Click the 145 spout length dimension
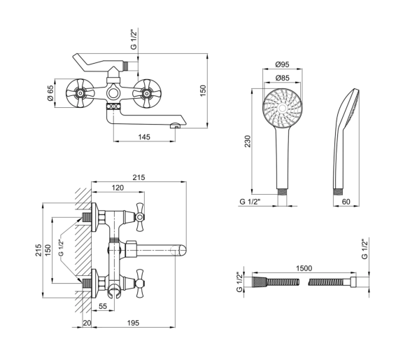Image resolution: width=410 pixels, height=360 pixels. pyautogui.click(x=144, y=137)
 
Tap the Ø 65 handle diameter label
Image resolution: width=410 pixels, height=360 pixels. pyautogui.click(x=50, y=93)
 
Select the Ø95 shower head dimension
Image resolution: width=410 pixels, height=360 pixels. pyautogui.click(x=283, y=64)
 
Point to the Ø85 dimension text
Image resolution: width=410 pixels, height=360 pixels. pyautogui.click(x=283, y=78)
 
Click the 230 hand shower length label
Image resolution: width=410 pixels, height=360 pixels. pyautogui.click(x=248, y=141)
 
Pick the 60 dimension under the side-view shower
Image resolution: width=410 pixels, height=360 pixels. pyautogui.click(x=346, y=202)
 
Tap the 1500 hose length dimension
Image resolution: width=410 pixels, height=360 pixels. pyautogui.click(x=304, y=268)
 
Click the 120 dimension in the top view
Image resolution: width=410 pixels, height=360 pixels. pyautogui.click(x=118, y=188)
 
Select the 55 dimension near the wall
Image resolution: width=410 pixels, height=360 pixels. pyautogui.click(x=103, y=306)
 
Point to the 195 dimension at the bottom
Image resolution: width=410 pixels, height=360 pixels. pyautogui.click(x=133, y=323)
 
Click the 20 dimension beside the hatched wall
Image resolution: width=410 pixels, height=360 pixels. pyautogui.click(x=87, y=323)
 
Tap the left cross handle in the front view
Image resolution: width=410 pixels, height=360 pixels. pyautogui.click(x=80, y=93)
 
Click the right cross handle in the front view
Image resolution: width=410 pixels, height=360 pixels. pyautogui.click(x=147, y=93)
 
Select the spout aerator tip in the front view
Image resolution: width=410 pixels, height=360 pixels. pyautogui.click(x=176, y=126)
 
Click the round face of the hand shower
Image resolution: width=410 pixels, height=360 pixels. pyautogui.click(x=283, y=108)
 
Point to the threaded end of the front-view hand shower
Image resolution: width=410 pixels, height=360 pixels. pyautogui.click(x=283, y=192)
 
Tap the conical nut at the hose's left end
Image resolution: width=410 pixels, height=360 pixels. pyautogui.click(x=260, y=282)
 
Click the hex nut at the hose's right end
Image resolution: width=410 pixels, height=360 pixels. pyautogui.click(x=353, y=282)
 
